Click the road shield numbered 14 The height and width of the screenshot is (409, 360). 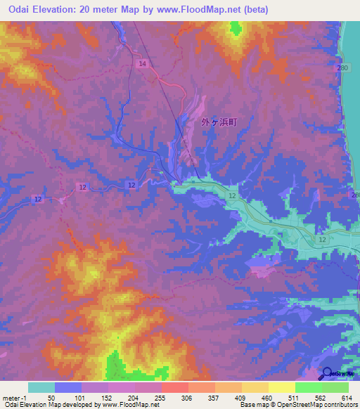click(x=143, y=64)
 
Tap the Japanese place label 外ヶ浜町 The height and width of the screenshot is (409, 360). click(x=219, y=122)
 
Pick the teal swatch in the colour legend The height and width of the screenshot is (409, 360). click(x=41, y=387)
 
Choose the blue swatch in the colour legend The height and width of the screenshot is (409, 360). click(x=68, y=387)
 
